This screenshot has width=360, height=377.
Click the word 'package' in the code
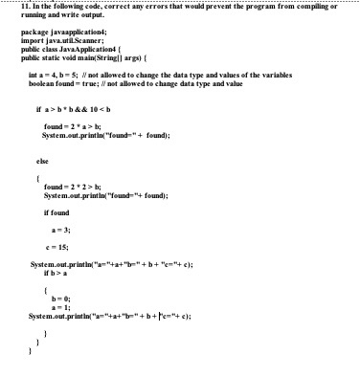(34, 33)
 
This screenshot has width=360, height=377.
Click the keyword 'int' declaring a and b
(34, 73)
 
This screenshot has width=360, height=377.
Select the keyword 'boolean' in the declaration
(43, 82)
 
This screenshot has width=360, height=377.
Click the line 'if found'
(57, 212)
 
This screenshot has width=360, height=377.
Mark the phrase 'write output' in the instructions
(87, 16)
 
